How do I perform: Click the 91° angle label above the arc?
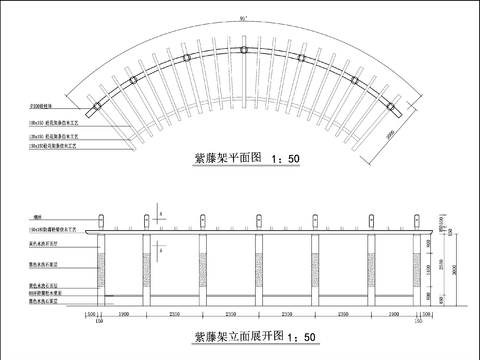click(x=242, y=19)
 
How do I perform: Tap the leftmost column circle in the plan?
click(x=96, y=107)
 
